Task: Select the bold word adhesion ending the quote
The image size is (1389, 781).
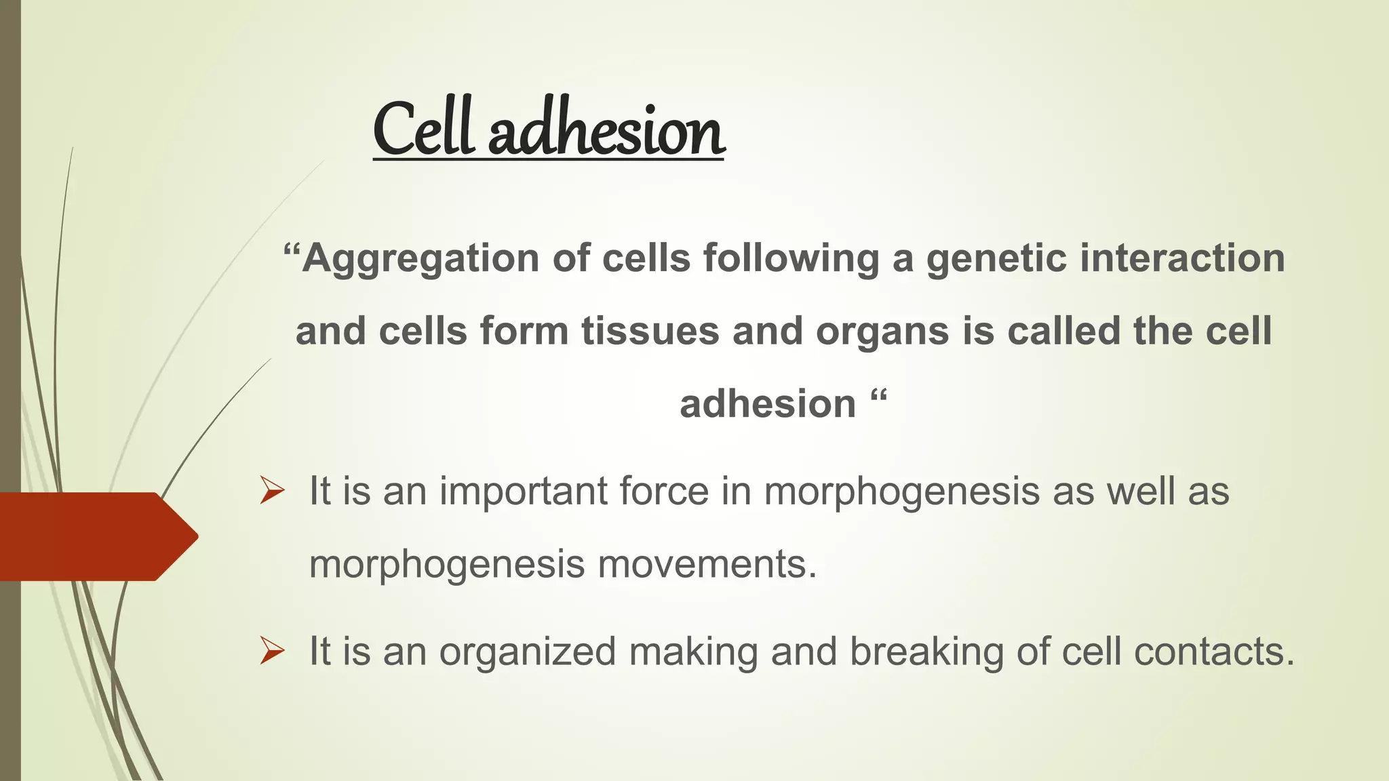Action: tap(768, 405)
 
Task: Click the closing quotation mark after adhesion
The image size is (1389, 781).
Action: tap(878, 396)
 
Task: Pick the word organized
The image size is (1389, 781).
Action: tap(528, 652)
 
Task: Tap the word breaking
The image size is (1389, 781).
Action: tap(926, 652)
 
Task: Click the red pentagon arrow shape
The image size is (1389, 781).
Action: tap(95, 536)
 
